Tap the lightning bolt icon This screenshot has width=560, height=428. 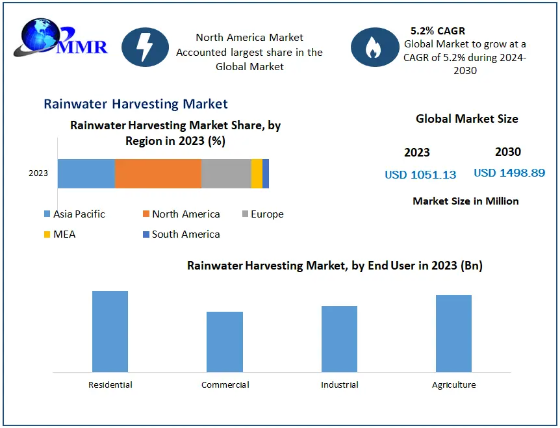[x=145, y=47]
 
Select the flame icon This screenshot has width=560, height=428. [x=374, y=47]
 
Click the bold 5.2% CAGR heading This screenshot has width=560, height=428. [x=438, y=31]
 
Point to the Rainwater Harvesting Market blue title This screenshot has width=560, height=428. [x=136, y=104]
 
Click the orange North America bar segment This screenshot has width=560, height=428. [x=158, y=173]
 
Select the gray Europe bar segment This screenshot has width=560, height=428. [x=226, y=173]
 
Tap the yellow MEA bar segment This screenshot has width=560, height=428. [x=257, y=173]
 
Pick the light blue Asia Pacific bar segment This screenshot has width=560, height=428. [x=86, y=173]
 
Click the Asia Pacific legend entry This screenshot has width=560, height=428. [x=75, y=214]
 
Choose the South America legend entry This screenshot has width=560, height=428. [x=181, y=234]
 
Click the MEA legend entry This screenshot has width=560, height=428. [x=60, y=234]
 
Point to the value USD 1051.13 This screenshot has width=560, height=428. [x=420, y=175]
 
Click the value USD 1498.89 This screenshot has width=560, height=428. [x=509, y=173]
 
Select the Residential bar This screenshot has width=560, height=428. [x=110, y=331]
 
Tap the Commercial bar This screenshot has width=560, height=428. [x=225, y=342]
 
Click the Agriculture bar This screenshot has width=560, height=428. [x=453, y=333]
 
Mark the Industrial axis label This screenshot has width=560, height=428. [x=339, y=385]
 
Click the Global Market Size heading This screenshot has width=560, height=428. [x=467, y=119]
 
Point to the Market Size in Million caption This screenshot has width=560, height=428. [x=466, y=201]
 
